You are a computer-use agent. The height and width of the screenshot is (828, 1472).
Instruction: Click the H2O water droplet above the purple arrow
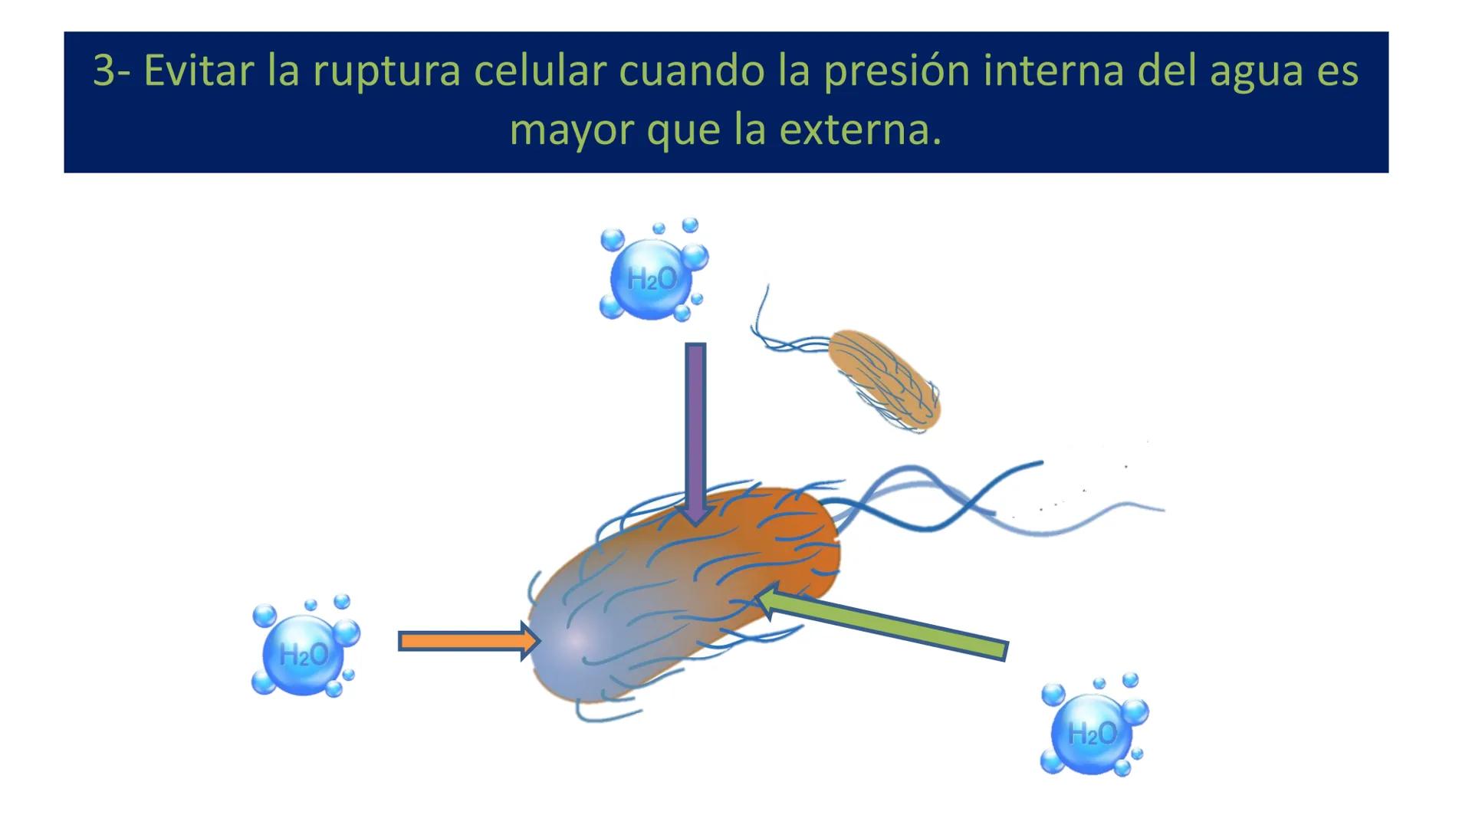652,278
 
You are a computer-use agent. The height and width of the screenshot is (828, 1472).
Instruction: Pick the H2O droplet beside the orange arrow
304,654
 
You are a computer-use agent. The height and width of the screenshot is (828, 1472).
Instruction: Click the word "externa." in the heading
860,130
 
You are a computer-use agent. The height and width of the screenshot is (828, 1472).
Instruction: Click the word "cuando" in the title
691,71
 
